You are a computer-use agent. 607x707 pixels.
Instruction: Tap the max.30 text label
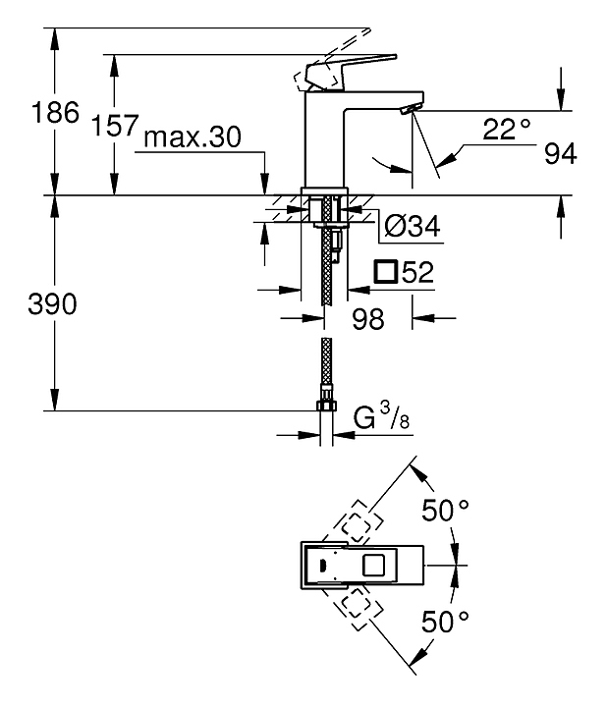tap(193, 137)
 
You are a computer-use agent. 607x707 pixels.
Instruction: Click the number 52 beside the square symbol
tap(418, 273)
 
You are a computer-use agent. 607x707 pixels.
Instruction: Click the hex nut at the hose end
tap(324, 406)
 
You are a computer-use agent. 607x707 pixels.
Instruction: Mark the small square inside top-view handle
tap(374, 565)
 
